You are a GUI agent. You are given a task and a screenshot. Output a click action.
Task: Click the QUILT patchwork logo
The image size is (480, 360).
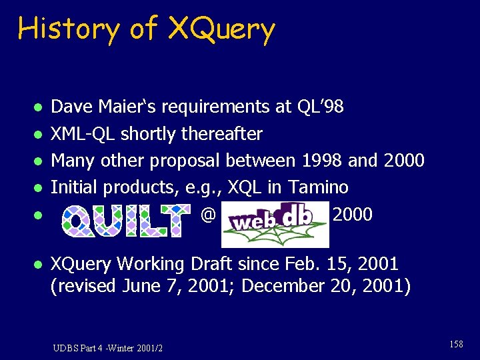(x=125, y=221)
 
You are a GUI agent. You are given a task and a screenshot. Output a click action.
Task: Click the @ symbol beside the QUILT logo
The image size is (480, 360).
(x=208, y=215)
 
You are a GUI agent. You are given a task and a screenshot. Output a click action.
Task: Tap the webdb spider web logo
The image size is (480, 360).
(x=275, y=224)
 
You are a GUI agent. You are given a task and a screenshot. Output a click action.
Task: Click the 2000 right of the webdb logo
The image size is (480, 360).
(x=352, y=214)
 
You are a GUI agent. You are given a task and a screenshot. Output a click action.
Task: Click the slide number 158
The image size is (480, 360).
(x=456, y=344)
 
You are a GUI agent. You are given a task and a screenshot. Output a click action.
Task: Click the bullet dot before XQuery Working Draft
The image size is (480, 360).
(x=39, y=265)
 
